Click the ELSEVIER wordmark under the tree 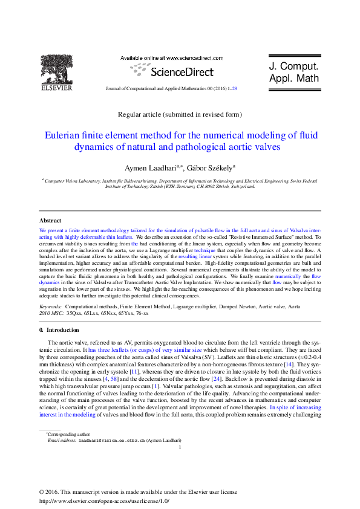[x=56, y=88]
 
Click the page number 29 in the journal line [x=234, y=88]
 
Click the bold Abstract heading [x=50, y=221]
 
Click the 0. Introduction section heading [x=58, y=330]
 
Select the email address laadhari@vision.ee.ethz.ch [x=111, y=441]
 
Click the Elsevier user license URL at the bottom [x=104, y=501]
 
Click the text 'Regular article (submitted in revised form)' [x=180, y=114]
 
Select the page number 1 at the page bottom [x=180, y=448]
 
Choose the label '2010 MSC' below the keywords [x=51, y=314]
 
